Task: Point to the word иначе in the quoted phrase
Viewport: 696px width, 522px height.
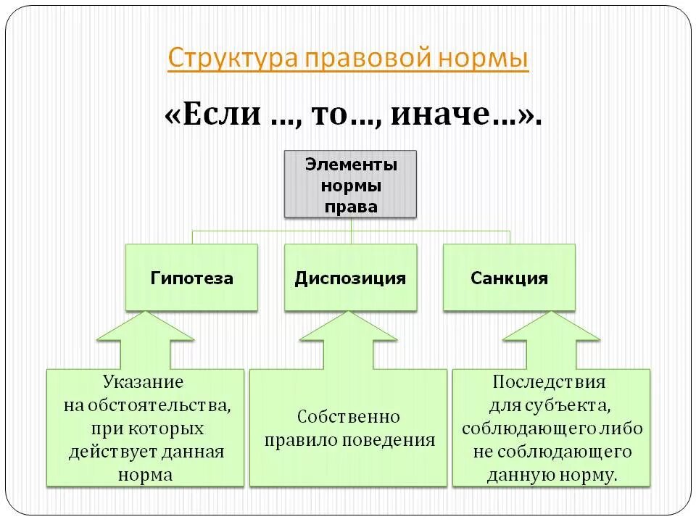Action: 458,114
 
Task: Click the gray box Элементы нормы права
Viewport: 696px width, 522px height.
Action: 350,184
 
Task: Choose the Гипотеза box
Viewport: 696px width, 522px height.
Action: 191,278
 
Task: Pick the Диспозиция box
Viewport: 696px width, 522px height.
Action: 350,278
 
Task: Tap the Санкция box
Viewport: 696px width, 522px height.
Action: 509,278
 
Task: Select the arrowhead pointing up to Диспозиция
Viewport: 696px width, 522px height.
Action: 349,327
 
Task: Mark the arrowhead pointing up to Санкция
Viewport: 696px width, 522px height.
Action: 552,327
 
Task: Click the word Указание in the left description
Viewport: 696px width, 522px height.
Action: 143,381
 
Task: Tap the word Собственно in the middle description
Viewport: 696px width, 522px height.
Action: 349,417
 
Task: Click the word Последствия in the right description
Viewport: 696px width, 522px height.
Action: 549,381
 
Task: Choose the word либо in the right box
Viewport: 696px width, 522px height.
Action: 624,428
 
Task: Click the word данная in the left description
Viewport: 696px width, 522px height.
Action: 194,451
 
